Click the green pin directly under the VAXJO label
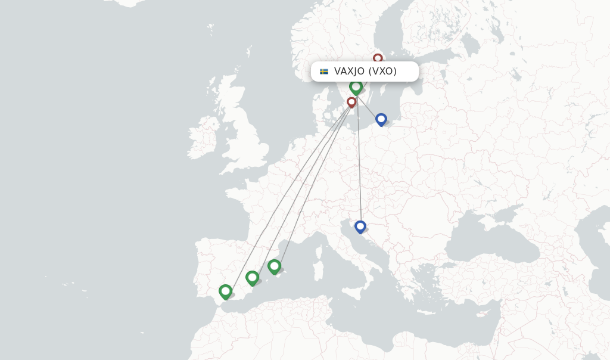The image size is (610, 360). [356, 87]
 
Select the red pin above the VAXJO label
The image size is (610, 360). [378, 58]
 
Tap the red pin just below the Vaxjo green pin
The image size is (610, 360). [351, 102]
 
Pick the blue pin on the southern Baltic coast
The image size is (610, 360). [381, 119]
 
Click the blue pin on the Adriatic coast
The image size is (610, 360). [360, 226]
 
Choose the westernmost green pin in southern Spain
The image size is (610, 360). [225, 291]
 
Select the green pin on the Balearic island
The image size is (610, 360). [274, 266]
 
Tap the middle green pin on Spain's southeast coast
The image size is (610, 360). [252, 277]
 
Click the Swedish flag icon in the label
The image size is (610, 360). [324, 72]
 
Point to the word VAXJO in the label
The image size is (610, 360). [349, 72]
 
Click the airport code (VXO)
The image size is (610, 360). [382, 72]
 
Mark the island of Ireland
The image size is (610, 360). [203, 138]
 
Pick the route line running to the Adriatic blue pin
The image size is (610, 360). [359, 167]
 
